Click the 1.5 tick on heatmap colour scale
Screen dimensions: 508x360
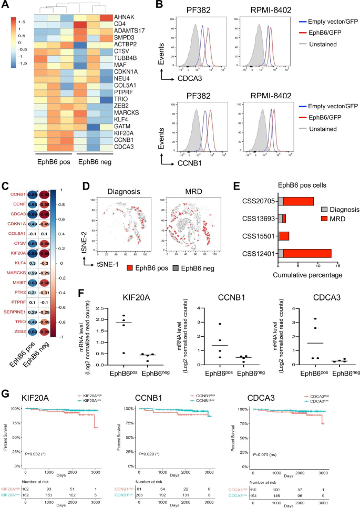(x=22, y=23)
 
